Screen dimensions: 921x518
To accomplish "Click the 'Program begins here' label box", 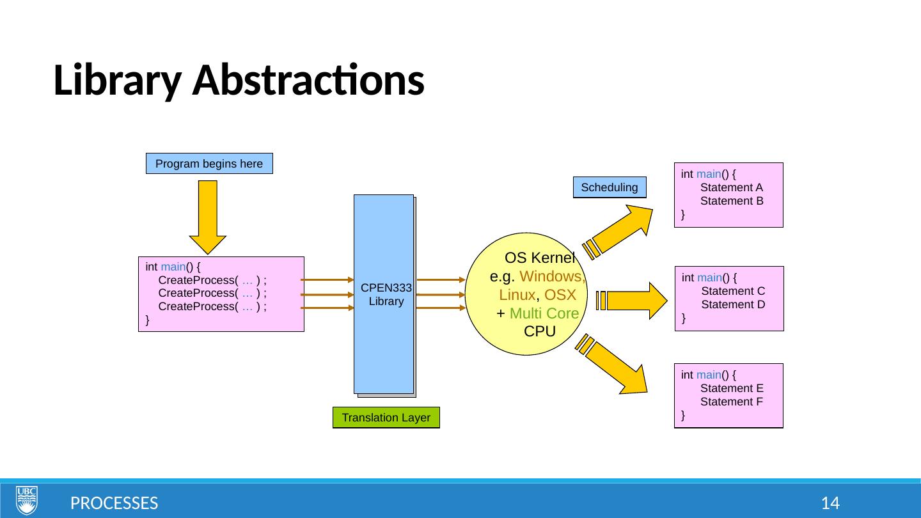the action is coord(209,164).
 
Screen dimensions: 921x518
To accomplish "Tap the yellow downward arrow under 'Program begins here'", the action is coord(208,217).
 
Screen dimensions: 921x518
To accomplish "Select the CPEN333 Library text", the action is coord(386,294).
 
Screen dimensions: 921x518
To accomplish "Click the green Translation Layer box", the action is coord(386,418).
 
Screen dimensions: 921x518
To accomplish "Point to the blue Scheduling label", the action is coord(610,187).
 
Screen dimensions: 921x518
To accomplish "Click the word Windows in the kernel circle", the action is coord(552,276).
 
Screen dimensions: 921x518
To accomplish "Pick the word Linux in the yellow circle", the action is coord(517,295).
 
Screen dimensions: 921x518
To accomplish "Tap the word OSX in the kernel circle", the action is coord(560,295).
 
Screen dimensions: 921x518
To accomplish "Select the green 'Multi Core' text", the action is coord(544,313).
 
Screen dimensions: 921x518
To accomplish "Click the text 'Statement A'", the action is coord(732,187).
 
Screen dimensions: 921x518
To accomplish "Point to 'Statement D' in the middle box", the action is coord(733,304).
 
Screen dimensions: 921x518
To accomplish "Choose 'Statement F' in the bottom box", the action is coord(732,402).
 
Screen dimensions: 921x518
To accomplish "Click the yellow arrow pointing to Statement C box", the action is coord(631,301).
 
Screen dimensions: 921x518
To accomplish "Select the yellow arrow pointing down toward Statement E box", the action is coord(612,365).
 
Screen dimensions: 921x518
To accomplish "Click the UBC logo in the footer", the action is coord(27,500).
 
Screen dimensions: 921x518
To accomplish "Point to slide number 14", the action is coord(830,503).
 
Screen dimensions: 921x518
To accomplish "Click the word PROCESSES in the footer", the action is coord(114,503).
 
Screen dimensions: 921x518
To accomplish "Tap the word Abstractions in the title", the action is coord(308,80).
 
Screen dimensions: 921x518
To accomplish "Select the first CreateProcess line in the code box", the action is coord(212,280).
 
